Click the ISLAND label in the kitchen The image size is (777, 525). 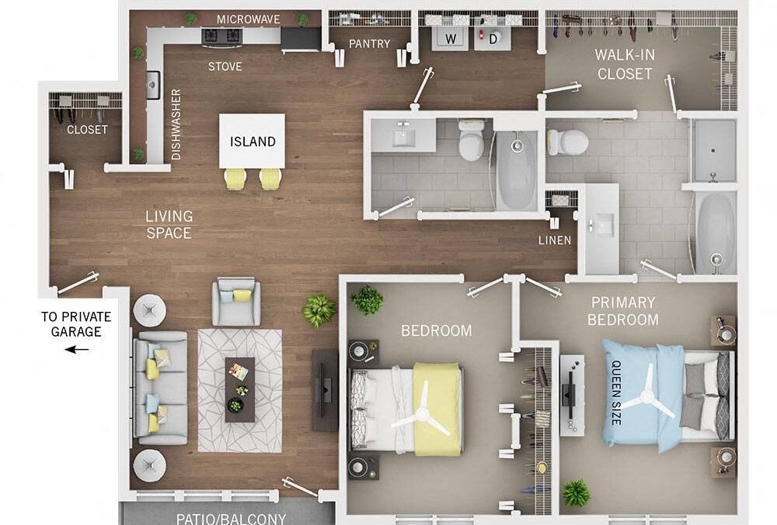click(253, 142)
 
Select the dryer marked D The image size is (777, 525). click(493, 37)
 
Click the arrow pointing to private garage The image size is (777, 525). click(76, 349)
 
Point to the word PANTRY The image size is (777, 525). click(369, 44)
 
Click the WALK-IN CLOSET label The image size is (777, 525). click(623, 65)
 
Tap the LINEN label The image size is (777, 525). click(555, 240)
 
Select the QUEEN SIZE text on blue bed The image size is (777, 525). click(616, 392)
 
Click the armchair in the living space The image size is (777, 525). click(236, 302)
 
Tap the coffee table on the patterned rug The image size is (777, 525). click(239, 389)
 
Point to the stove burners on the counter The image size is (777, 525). click(221, 36)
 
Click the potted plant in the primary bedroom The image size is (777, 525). click(576, 492)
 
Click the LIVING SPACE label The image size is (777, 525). click(169, 224)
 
